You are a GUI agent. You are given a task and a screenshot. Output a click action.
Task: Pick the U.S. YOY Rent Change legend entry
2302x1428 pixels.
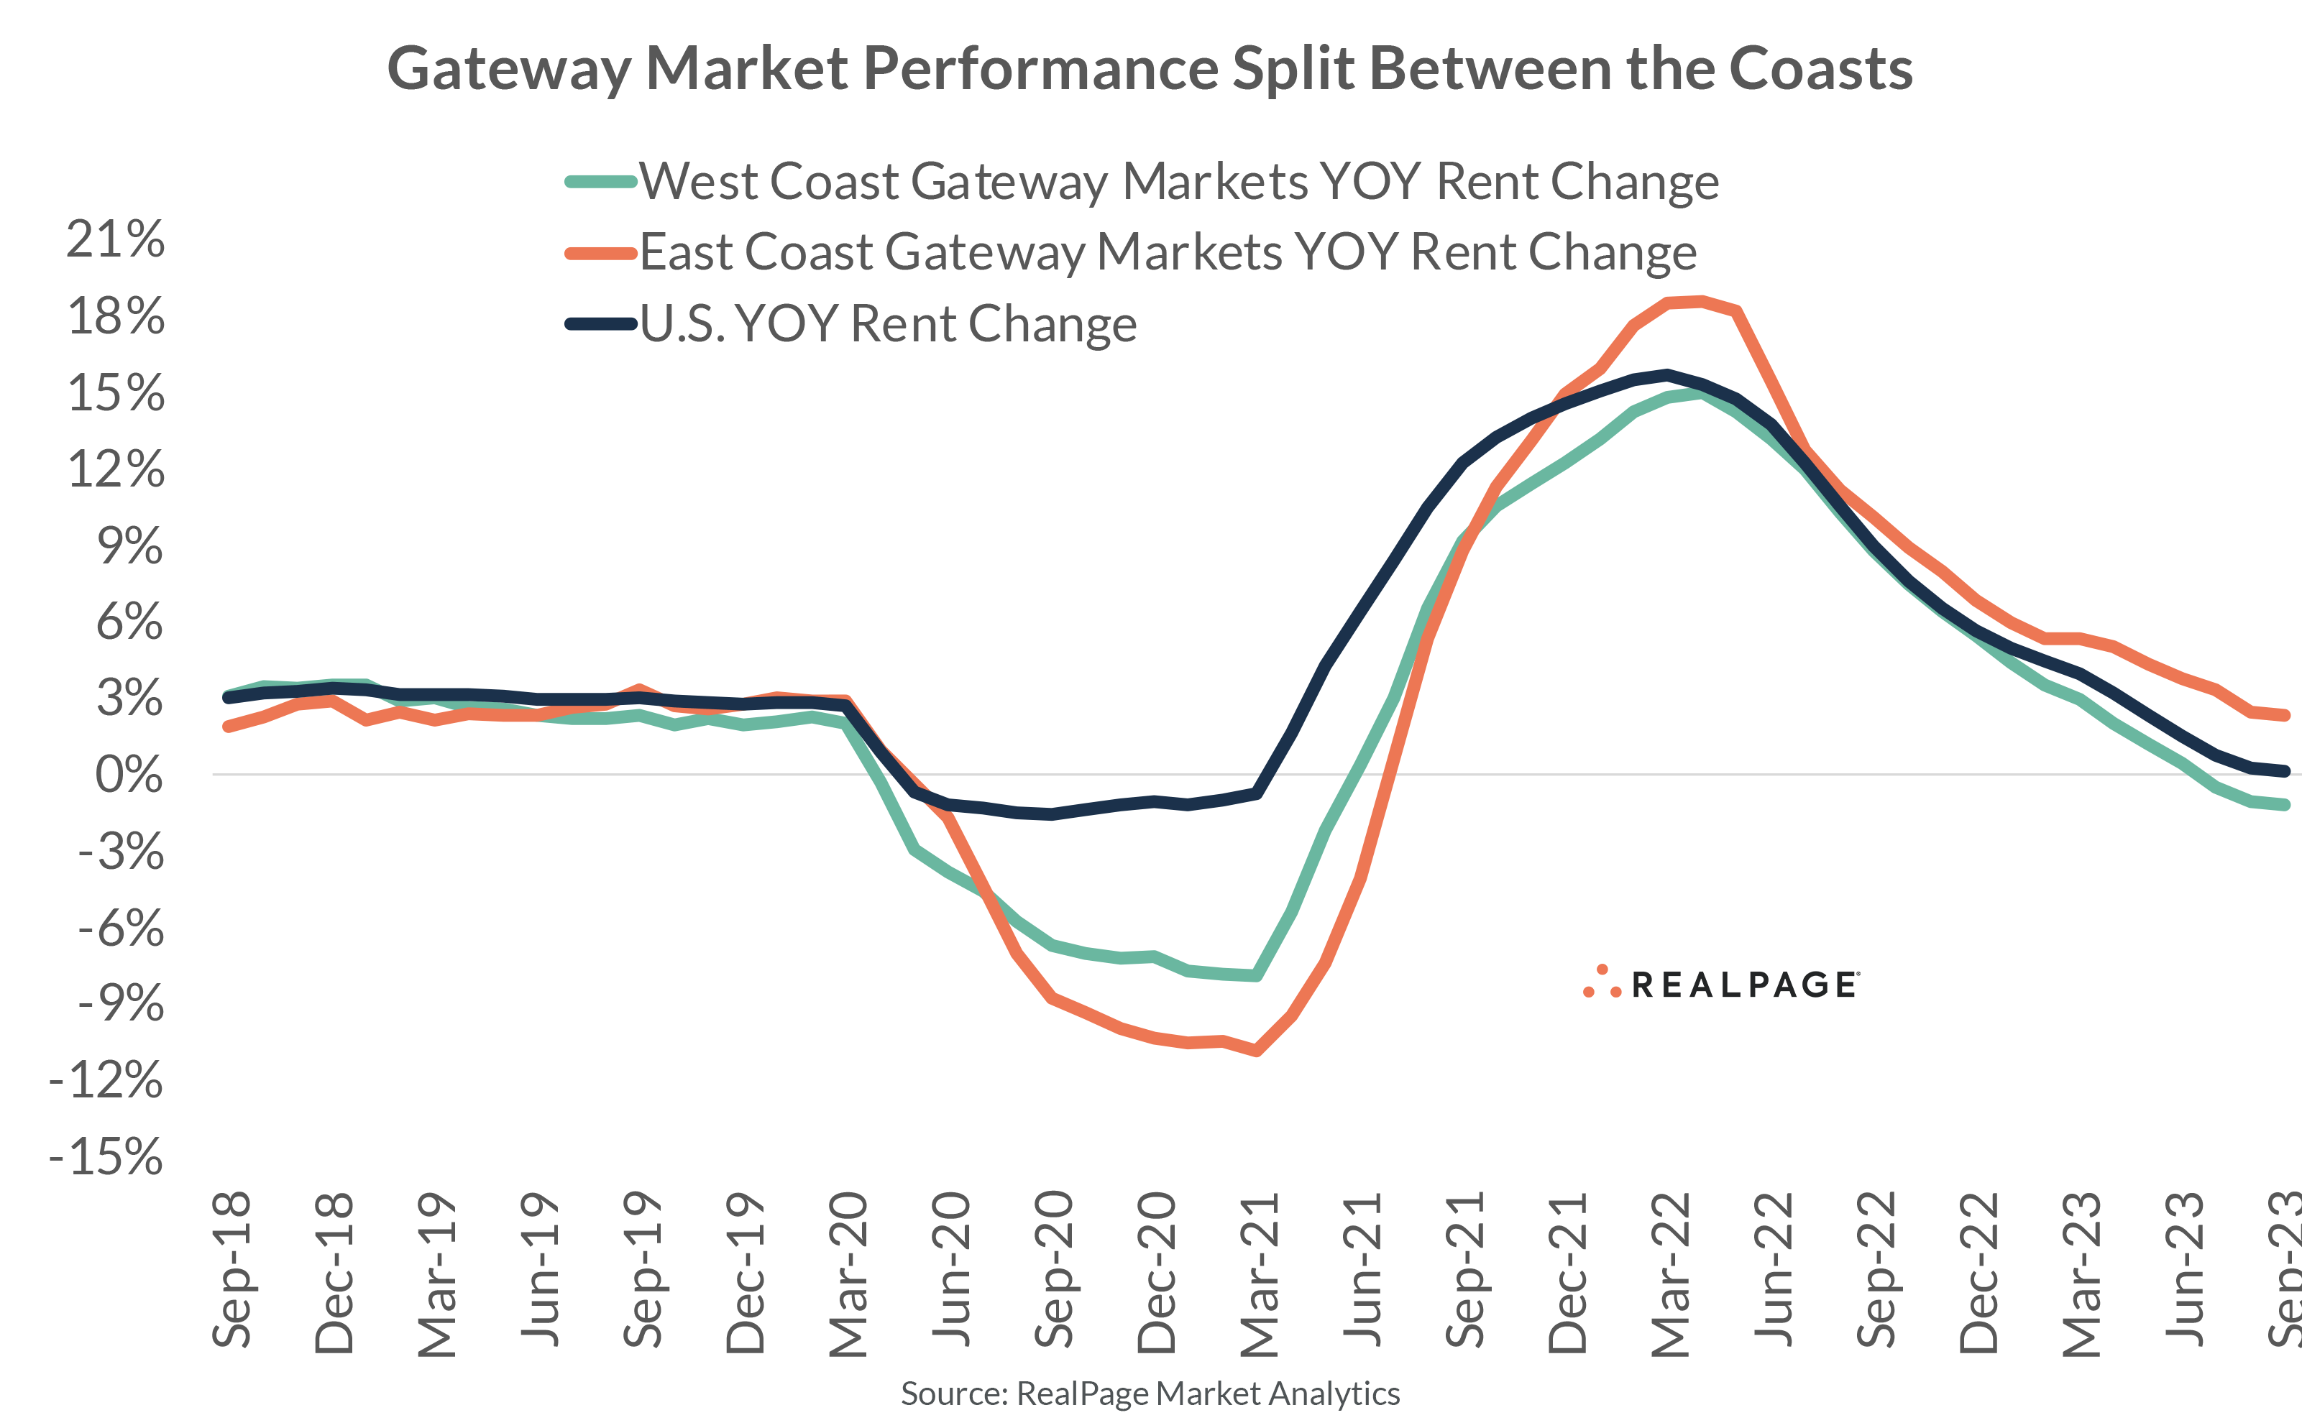tap(888, 324)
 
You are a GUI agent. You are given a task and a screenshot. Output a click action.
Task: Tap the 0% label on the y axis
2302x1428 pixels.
tap(129, 775)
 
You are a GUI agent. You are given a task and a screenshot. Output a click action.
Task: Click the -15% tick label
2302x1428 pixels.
tap(106, 1157)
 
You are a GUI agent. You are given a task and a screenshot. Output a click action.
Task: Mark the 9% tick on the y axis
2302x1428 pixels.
tap(129, 546)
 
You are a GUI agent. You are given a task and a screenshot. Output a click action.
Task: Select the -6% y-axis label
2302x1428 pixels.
tap(120, 929)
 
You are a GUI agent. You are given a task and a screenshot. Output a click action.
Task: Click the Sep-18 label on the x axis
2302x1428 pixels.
tap(232, 1271)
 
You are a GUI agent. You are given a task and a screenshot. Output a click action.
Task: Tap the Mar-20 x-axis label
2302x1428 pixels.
tap(848, 1275)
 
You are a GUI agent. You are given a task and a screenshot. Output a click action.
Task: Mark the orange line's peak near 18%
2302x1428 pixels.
tap(1700, 301)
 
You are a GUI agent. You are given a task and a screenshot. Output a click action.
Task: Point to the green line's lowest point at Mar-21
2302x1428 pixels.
tap(1257, 976)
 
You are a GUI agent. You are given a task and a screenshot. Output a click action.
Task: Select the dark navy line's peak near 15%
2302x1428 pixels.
tap(1667, 374)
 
